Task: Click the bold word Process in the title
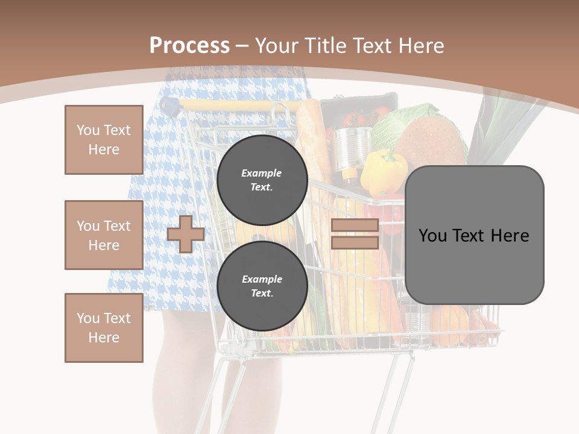click(x=189, y=46)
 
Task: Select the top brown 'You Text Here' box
click(x=104, y=140)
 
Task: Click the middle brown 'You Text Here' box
click(x=104, y=235)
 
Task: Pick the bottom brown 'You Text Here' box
click(x=104, y=328)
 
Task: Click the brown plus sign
click(x=185, y=234)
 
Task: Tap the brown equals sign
click(x=355, y=234)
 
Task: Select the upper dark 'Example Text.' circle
click(x=262, y=180)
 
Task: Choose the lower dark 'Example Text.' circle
click(x=262, y=286)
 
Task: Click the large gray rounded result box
click(x=474, y=235)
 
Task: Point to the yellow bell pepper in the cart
click(x=382, y=171)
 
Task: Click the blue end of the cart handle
click(x=172, y=107)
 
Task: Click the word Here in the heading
click(x=422, y=46)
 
